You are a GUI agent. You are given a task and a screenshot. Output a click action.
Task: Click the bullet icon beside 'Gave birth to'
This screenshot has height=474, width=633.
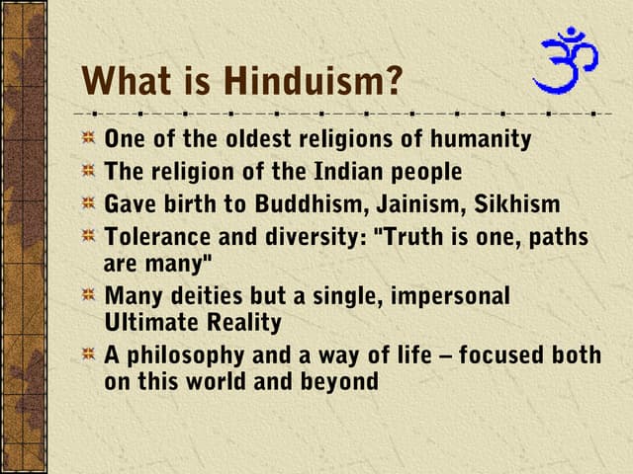click(89, 204)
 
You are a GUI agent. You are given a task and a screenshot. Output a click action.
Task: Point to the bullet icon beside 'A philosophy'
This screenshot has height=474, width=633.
click(89, 354)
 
